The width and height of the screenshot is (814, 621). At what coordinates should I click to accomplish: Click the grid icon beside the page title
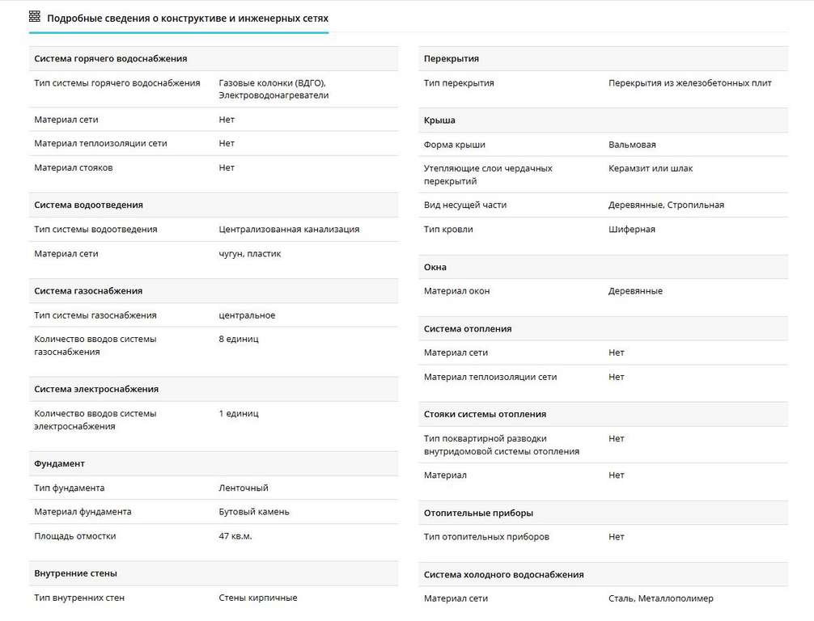pos(35,16)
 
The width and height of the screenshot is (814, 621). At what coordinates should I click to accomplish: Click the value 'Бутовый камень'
pos(254,512)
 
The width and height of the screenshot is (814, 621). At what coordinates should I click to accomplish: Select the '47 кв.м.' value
pos(235,536)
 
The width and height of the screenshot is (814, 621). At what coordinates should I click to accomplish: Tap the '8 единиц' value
pos(239,340)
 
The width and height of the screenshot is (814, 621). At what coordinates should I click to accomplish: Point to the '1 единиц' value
pos(239,414)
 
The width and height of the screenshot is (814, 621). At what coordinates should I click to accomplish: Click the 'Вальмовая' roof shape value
pos(632,145)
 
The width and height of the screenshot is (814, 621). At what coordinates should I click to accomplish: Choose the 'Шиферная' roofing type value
pos(632,230)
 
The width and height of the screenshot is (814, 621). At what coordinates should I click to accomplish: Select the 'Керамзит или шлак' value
pos(651,169)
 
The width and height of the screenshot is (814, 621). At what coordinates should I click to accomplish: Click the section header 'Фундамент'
pos(60,464)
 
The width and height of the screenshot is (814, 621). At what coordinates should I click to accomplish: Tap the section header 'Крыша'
pos(439,120)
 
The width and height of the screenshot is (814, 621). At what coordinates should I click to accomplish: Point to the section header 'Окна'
pos(435,268)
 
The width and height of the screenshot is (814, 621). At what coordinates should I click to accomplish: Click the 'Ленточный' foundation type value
pos(244,488)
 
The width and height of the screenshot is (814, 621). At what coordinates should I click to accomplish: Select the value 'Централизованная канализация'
pos(289,230)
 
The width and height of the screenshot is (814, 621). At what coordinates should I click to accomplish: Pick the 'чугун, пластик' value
pos(250,254)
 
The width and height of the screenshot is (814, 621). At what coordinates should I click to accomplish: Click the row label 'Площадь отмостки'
pos(75,536)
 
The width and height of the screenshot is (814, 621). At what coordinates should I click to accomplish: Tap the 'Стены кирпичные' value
pos(258,598)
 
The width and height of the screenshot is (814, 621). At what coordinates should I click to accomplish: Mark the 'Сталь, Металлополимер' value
pos(661,599)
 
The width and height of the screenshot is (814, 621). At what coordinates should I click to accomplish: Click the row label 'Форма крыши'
pos(455,145)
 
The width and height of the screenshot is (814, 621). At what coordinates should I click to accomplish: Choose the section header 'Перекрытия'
pos(452,59)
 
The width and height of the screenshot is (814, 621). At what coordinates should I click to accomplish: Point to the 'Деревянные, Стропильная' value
pos(666,205)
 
